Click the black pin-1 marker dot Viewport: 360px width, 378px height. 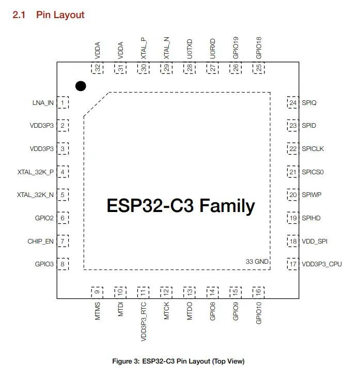coord(80,86)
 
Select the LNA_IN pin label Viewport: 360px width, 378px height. coord(42,102)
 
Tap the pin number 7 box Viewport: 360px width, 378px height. coord(62,241)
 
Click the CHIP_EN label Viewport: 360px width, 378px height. coord(41,241)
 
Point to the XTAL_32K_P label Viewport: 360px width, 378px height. coord(36,172)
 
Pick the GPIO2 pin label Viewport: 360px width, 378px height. coord(44,218)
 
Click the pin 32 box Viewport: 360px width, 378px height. coord(97,68)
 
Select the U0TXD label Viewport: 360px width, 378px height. coord(190,48)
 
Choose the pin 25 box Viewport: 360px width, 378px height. coord(258,68)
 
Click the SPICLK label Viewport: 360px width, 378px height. coord(313,149)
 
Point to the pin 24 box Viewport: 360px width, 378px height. coord(293,102)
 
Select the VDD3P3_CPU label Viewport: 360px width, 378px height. coord(322,264)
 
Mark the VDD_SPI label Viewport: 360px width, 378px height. coord(315,241)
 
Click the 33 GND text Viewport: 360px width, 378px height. coord(257,262)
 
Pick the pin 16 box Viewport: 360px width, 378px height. coord(258,292)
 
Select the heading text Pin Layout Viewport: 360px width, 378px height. coord(60,15)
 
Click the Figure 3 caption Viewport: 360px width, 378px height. coord(178,361)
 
